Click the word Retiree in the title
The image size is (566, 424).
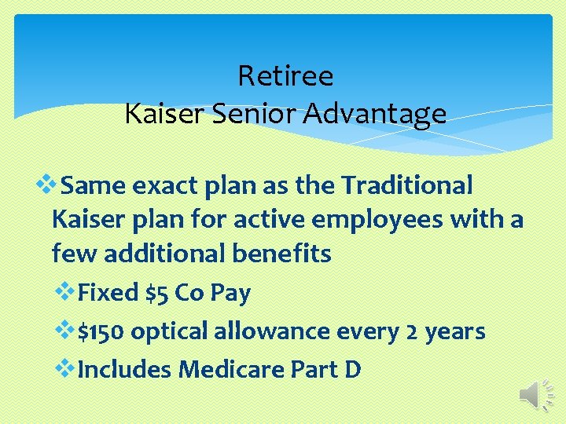pyautogui.click(x=285, y=76)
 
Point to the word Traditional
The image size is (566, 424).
pyautogui.click(x=407, y=186)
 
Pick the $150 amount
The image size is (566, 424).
pyautogui.click(x=101, y=331)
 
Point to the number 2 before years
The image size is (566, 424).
pyautogui.click(x=413, y=331)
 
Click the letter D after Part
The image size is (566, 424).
pyautogui.click(x=352, y=368)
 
